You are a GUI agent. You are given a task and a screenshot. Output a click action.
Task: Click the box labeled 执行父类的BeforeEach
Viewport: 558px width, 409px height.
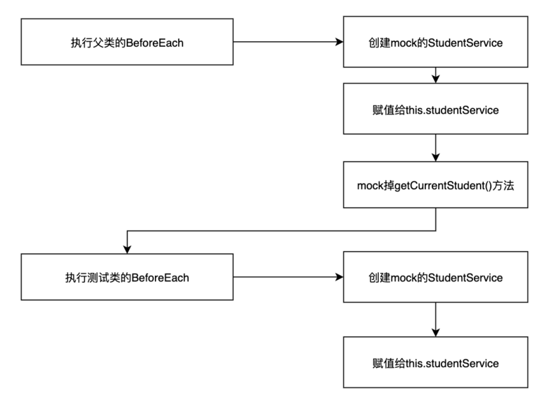[x=126, y=43]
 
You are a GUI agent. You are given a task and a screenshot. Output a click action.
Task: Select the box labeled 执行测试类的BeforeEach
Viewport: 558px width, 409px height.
[x=126, y=277]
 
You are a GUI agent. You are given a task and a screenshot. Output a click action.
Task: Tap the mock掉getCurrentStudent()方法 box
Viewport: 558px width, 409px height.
[x=435, y=185]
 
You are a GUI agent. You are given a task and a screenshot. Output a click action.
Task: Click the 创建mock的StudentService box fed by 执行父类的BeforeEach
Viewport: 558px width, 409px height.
[x=435, y=43]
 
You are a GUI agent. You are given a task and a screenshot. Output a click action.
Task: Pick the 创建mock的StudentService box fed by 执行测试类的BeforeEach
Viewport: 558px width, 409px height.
[x=435, y=277]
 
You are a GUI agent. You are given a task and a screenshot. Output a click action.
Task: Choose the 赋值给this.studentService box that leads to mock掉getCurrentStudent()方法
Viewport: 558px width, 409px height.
[x=435, y=110]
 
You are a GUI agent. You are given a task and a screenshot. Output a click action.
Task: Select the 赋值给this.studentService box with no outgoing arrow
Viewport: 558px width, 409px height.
[x=435, y=363]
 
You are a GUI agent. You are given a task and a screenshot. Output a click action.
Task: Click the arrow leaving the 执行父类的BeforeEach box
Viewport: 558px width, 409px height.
[x=286, y=43]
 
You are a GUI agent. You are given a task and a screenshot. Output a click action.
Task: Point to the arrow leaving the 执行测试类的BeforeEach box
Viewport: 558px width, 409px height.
[x=286, y=277]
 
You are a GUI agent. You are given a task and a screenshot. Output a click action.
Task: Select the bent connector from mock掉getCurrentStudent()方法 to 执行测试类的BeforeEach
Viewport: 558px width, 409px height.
[x=279, y=230]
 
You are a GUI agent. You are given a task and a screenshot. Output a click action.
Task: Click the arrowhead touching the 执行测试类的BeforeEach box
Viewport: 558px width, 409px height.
[x=126, y=249]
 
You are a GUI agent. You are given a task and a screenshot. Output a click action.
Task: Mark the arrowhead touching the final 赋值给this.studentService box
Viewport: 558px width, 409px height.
[x=435, y=334]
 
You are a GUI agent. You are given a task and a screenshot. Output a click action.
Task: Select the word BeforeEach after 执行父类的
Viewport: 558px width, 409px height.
[x=153, y=43]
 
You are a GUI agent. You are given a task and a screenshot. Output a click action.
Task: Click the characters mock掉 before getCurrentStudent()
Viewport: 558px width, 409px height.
[x=375, y=185]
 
